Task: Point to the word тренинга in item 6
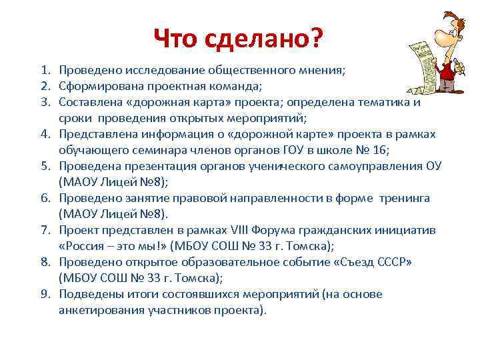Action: (406, 198)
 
